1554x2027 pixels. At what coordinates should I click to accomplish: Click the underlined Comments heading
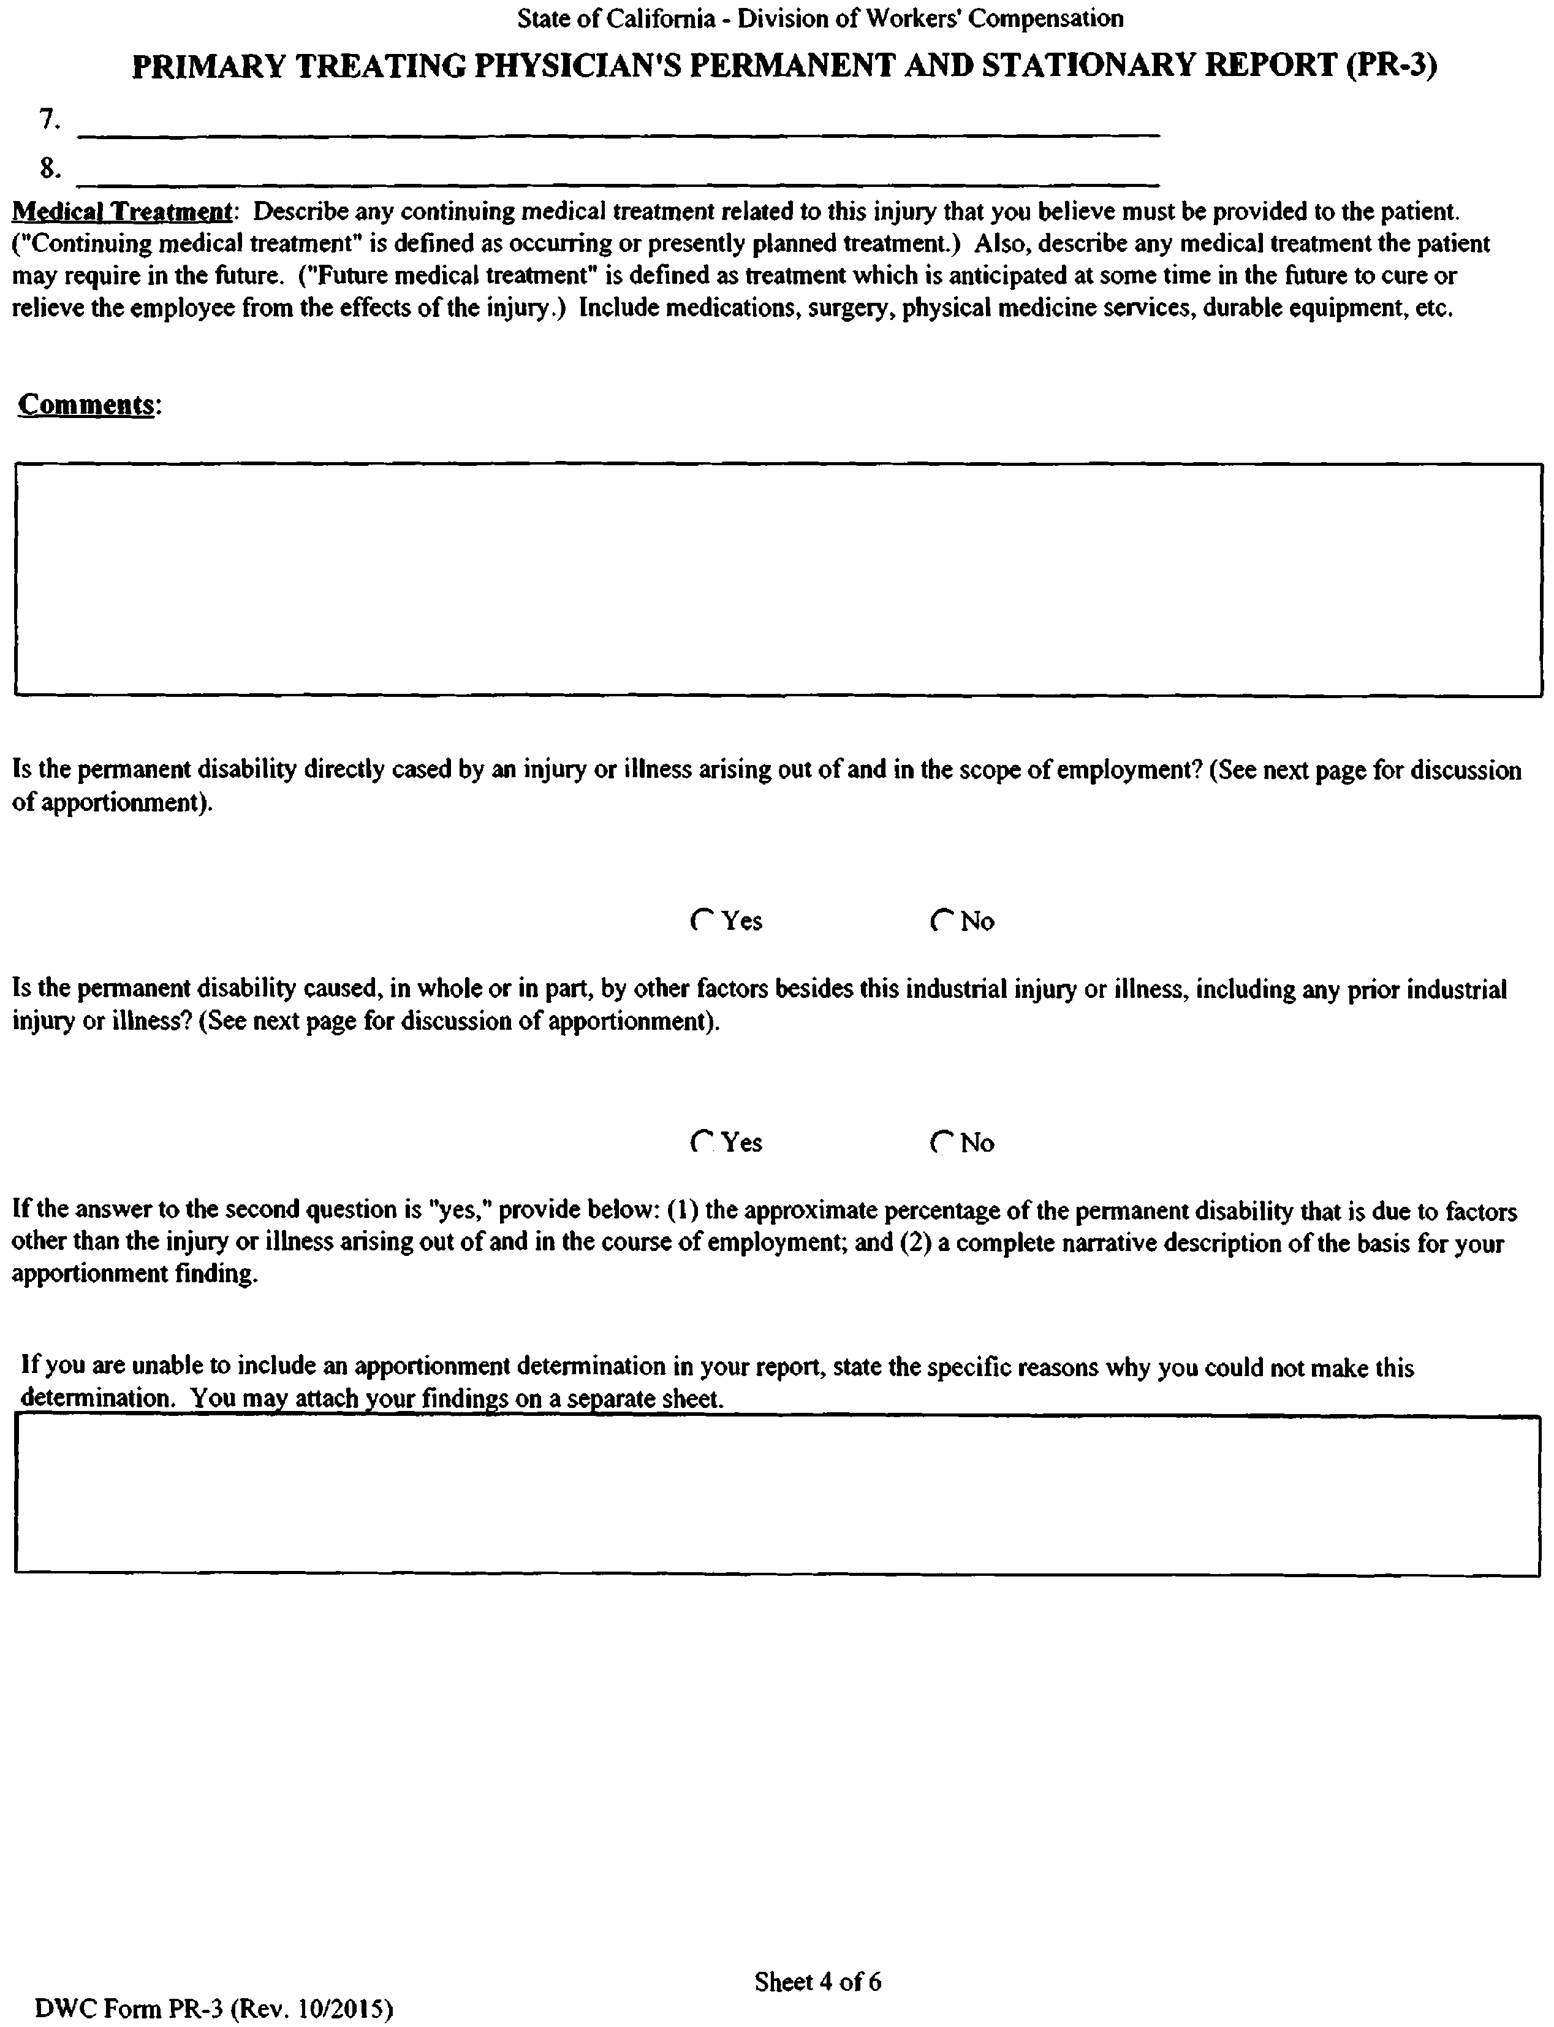click(86, 405)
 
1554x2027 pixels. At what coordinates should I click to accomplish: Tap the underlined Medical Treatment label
click(121, 212)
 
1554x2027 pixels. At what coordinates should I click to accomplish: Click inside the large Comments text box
click(777, 579)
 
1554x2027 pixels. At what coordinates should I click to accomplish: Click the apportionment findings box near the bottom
click(777, 1495)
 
